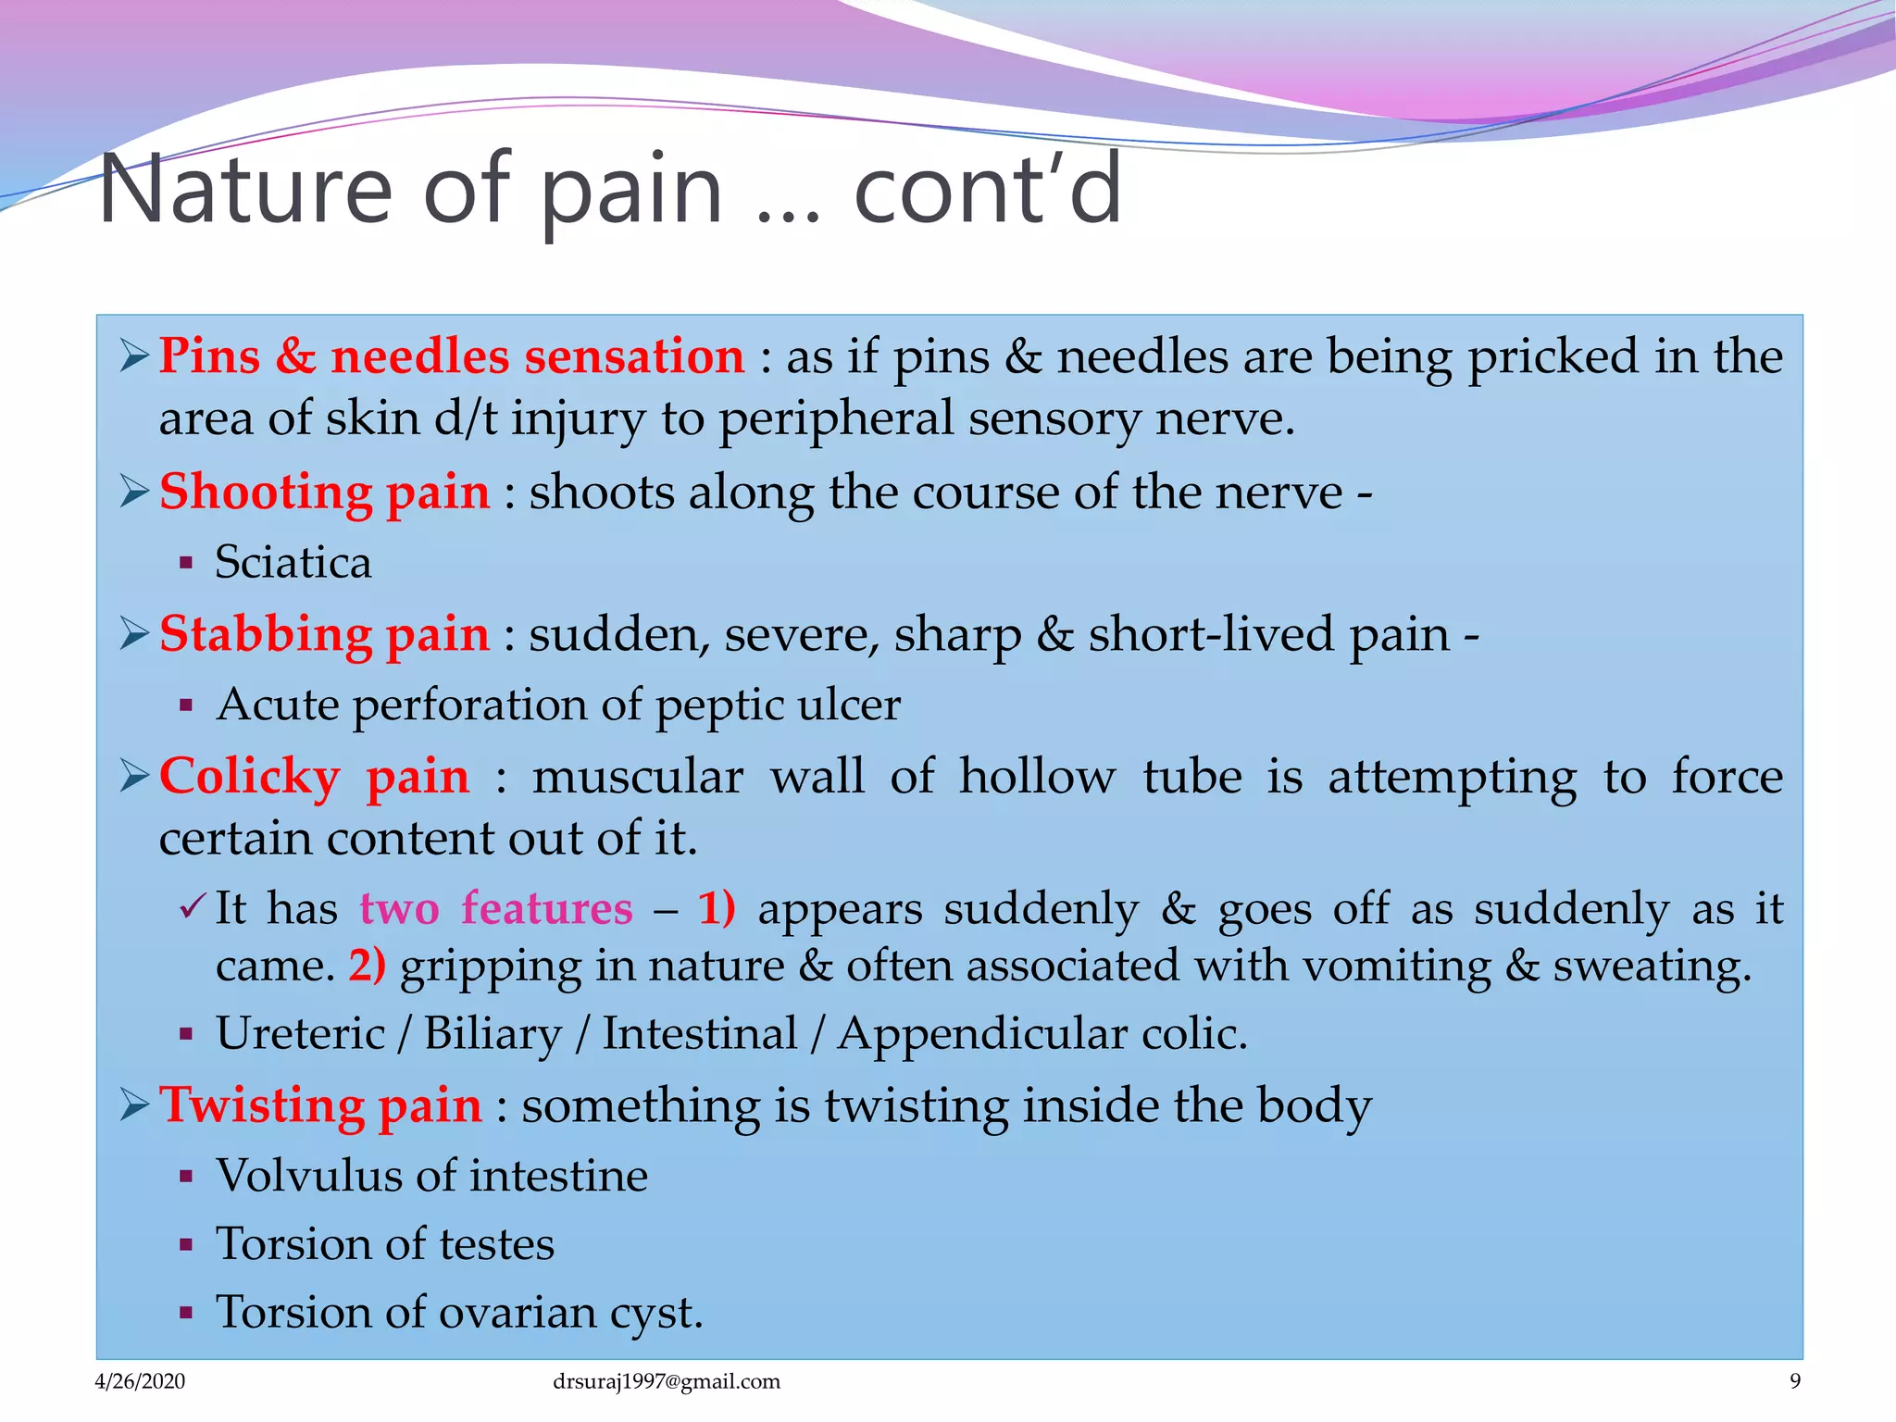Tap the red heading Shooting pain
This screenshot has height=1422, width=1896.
click(x=324, y=492)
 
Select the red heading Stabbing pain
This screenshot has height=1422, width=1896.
click(x=324, y=634)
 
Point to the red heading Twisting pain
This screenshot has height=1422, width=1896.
click(x=320, y=1105)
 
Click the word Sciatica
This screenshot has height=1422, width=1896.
click(x=293, y=562)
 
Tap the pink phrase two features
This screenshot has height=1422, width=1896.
click(x=496, y=908)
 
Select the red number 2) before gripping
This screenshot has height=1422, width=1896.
click(x=367, y=966)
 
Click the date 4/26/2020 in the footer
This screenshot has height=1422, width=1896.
click(x=140, y=1381)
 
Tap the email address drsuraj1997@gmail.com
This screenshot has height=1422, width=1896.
click(x=666, y=1381)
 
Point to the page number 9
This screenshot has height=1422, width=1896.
click(x=1795, y=1381)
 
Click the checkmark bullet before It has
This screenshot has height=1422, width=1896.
click(x=192, y=908)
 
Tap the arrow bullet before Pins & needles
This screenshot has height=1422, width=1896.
click(x=134, y=356)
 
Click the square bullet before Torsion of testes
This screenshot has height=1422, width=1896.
click(x=186, y=1245)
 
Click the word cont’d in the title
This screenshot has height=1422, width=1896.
click(x=987, y=190)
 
